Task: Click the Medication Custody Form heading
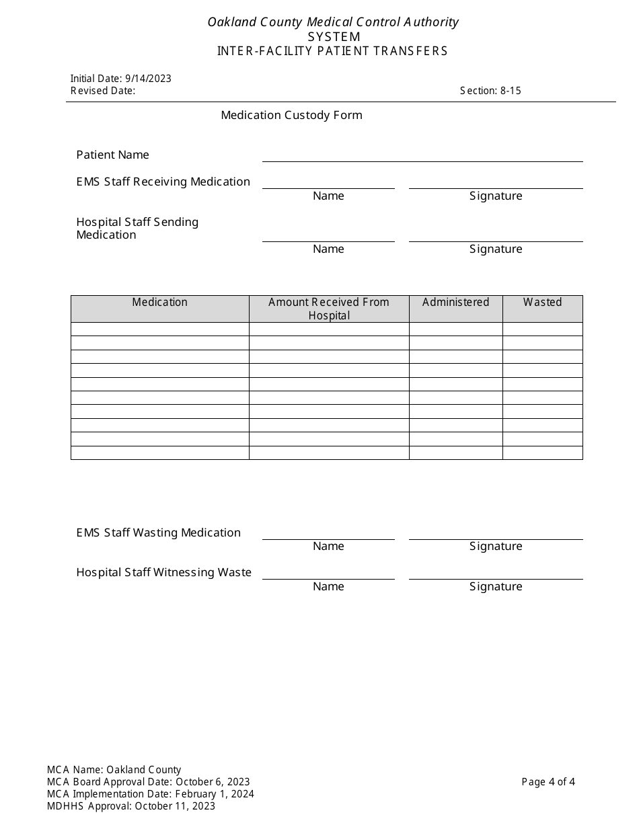point(291,115)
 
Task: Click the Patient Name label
point(112,155)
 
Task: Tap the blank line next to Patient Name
point(422,155)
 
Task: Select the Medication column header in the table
point(159,303)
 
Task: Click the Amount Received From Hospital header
point(329,309)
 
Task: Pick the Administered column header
point(455,303)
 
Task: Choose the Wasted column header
point(542,303)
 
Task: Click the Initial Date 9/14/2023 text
point(121,78)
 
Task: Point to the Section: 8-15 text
point(490,91)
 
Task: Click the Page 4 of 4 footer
point(548,782)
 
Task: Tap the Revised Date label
point(103,91)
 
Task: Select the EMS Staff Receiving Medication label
point(163,182)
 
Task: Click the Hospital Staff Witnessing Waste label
point(163,572)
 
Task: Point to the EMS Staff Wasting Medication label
point(158,533)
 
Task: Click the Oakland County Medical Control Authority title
point(333,22)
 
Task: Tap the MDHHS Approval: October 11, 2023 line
point(131,806)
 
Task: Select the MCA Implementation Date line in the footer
point(151,794)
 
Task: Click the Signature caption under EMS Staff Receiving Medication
point(496,196)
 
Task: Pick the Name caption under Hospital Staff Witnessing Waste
point(328,586)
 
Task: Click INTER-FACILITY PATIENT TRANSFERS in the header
point(332,51)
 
